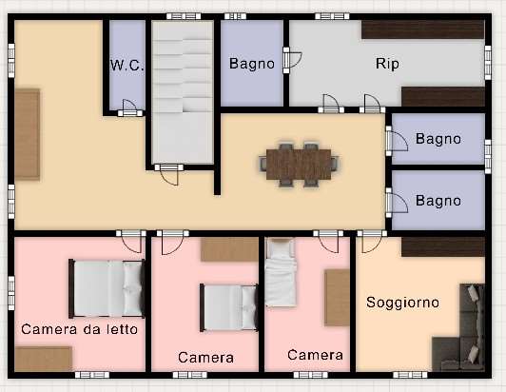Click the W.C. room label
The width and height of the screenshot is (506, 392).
tap(126, 66)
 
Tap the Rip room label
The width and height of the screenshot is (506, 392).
tap(387, 64)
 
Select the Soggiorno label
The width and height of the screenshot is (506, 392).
tap(402, 303)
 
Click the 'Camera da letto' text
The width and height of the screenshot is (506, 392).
tap(79, 329)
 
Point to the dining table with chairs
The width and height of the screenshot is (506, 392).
tap(300, 165)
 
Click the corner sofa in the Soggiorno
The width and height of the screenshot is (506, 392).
tap(459, 327)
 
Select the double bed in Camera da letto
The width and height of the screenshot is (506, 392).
tap(107, 288)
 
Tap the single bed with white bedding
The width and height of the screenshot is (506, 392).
tap(281, 272)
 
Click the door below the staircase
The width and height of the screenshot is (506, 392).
tap(168, 175)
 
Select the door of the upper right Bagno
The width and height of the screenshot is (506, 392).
tap(397, 141)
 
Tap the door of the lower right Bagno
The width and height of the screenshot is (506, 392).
tap(397, 203)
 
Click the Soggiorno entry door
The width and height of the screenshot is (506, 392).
tap(372, 242)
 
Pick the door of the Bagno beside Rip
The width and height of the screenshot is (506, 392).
tap(291, 60)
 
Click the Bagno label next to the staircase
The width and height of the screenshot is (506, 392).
tap(252, 64)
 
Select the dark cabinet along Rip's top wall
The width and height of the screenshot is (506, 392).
tap(423, 29)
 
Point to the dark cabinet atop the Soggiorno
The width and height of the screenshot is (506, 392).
tap(443, 247)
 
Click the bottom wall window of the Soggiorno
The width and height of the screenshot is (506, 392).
tap(410, 375)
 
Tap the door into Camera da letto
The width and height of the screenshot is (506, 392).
tap(131, 242)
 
